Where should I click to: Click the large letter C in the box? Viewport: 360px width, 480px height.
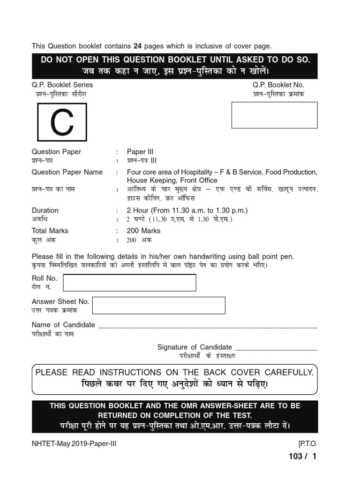[x=62, y=123]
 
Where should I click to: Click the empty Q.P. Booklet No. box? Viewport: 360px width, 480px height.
[x=274, y=115]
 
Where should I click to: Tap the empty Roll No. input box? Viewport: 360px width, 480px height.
[x=129, y=283]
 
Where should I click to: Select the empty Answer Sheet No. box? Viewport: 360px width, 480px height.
[x=158, y=305]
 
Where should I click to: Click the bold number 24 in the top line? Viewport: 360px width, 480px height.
[x=137, y=46]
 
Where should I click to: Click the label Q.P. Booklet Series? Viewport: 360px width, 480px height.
[x=62, y=85]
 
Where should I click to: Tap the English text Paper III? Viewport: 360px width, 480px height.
[x=140, y=152]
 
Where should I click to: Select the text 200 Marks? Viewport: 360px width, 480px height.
[x=143, y=231]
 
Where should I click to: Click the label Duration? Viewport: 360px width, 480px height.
[x=45, y=210]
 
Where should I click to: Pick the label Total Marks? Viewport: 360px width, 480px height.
[x=50, y=231]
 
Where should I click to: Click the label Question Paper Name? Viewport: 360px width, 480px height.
[x=67, y=172]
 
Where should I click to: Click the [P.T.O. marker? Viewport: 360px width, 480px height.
[x=307, y=444]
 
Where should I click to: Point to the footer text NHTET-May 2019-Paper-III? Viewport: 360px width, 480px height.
[x=74, y=444]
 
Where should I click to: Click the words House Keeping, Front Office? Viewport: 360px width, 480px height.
[x=172, y=180]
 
